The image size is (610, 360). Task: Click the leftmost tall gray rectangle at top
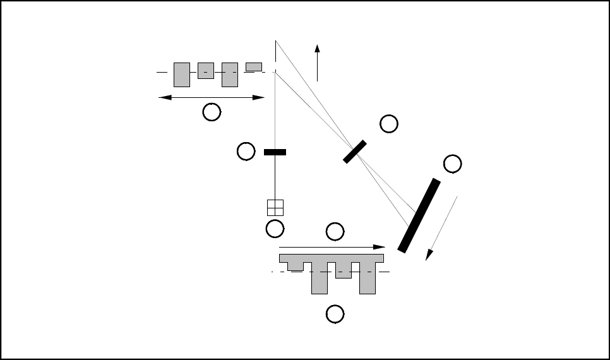(x=182, y=75)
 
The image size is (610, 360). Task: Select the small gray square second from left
(x=205, y=70)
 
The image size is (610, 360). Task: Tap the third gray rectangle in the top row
(x=230, y=75)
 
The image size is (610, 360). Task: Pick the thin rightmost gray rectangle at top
(x=254, y=67)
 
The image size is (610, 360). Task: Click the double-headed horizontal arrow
(x=211, y=97)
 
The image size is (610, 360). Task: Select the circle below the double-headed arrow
(x=212, y=112)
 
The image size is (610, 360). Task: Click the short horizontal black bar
(x=275, y=152)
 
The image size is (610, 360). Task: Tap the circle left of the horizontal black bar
(x=246, y=151)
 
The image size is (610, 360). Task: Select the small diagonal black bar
(x=355, y=152)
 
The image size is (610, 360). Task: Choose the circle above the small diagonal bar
(x=389, y=124)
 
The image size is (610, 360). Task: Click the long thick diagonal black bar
(x=419, y=215)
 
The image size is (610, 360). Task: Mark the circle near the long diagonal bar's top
(x=452, y=164)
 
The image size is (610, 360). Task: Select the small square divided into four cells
(x=275, y=208)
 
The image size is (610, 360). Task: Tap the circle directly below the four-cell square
(x=275, y=229)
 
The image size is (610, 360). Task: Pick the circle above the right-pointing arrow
(x=335, y=232)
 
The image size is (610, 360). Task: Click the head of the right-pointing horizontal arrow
(x=380, y=247)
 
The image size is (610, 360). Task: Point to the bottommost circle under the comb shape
(x=335, y=313)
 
